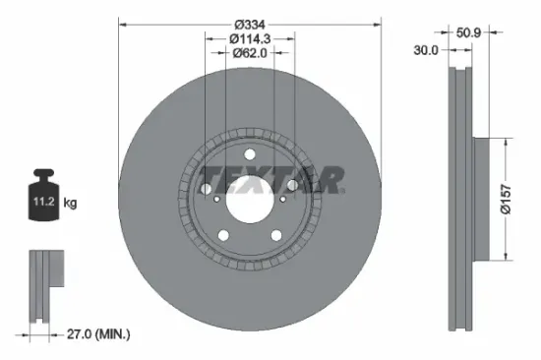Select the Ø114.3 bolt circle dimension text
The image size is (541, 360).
point(250,37)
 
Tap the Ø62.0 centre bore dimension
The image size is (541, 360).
point(250,53)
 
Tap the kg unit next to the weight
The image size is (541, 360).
point(70,204)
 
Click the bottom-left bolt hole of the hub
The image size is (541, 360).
point(224,234)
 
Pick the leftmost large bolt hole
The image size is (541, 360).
point(208,187)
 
